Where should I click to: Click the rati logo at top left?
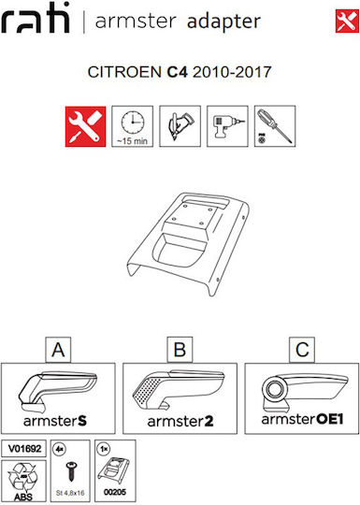(36, 18)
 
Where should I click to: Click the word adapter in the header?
(223, 22)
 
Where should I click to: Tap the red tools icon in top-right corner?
(347, 21)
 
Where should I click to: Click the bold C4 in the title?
(177, 71)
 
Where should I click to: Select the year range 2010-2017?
(232, 71)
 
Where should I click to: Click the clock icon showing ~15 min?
(133, 126)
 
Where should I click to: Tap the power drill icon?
(227, 126)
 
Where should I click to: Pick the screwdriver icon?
(275, 126)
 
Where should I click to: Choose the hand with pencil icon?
(180, 126)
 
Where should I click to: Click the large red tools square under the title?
(85, 126)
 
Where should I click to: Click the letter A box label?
(58, 350)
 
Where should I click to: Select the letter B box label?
(180, 350)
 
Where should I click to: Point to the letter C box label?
(302, 350)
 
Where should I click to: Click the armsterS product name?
(55, 421)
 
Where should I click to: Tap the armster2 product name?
(180, 421)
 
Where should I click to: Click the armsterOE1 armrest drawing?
(304, 392)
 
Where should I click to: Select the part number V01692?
(24, 448)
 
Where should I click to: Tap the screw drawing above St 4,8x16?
(70, 470)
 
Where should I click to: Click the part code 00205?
(115, 492)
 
